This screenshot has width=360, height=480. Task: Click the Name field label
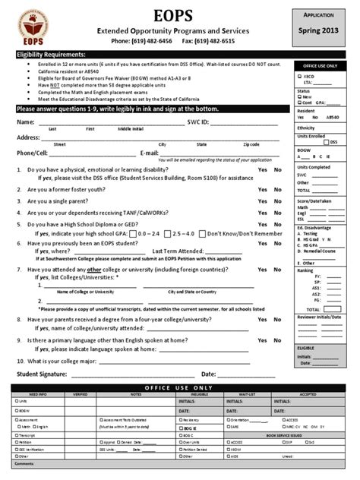(25, 122)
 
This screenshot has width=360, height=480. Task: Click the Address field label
(28, 137)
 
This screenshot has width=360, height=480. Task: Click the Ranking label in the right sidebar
(305, 270)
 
